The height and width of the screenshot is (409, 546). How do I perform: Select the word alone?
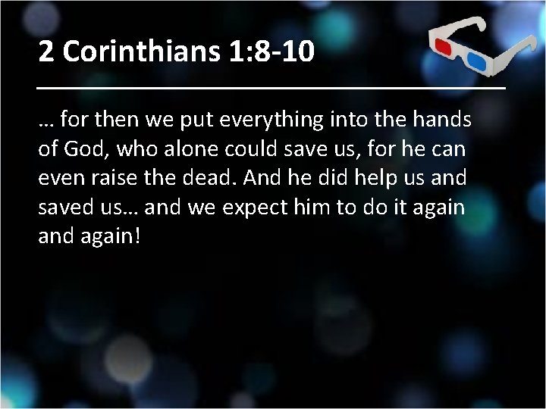tap(196, 149)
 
